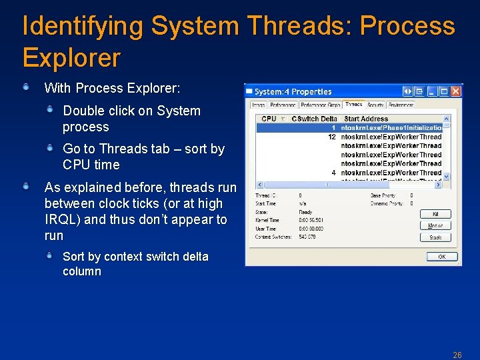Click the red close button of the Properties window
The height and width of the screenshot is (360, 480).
(455, 91)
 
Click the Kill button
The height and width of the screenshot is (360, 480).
(435, 214)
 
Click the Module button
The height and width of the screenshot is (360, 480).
(435, 225)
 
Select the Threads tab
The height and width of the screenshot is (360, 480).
(353, 105)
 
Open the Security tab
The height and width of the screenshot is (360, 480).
(375, 105)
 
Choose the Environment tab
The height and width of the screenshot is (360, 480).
(401, 105)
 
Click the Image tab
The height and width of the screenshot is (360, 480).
(258, 105)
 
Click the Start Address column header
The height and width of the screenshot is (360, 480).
(366, 119)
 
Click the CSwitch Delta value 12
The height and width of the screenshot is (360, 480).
(331, 137)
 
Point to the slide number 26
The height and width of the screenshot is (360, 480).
(457, 355)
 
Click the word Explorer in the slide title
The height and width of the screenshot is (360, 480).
(71, 58)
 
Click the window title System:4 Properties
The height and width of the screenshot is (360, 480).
(293, 91)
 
